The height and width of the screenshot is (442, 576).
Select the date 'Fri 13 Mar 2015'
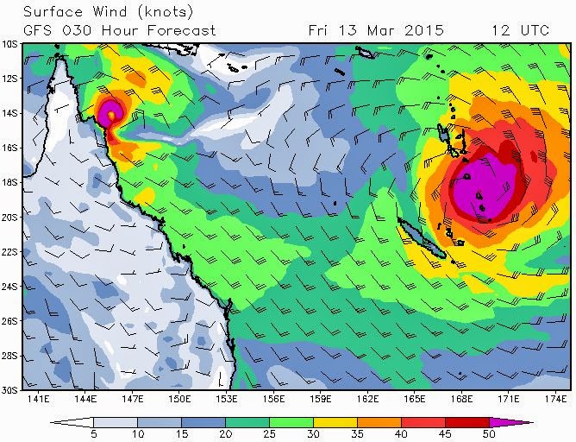(375, 29)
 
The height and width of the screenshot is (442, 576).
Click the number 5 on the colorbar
(92, 434)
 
